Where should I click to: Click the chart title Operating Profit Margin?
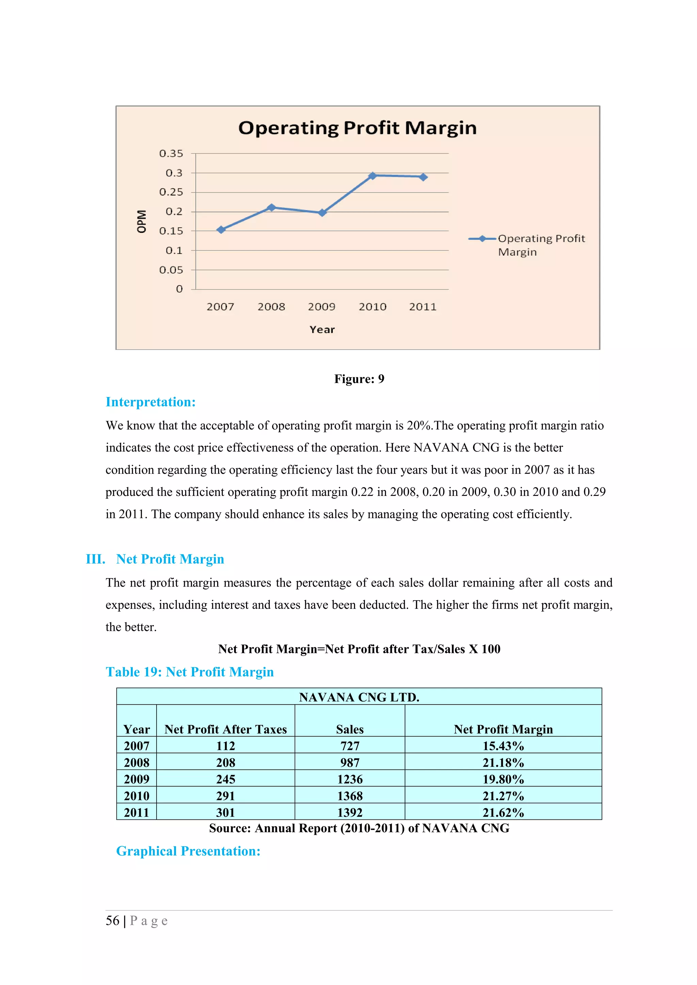pyautogui.click(x=357, y=128)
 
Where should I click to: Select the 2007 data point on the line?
pyautogui.click(x=221, y=230)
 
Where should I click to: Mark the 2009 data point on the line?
pyautogui.click(x=322, y=212)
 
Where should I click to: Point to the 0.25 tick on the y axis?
pyautogui.click(x=171, y=192)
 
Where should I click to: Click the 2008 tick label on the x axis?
pyautogui.click(x=271, y=307)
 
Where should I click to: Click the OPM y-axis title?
pyautogui.click(x=141, y=221)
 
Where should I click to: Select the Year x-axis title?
pyautogui.click(x=322, y=329)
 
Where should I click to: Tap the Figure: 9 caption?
pyautogui.click(x=359, y=379)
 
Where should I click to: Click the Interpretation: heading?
pyautogui.click(x=151, y=402)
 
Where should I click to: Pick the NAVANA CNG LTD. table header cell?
pyautogui.click(x=359, y=697)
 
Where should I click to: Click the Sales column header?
pyautogui.click(x=350, y=729)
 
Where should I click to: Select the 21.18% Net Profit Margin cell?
pyautogui.click(x=503, y=762)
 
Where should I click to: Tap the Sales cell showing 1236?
pyautogui.click(x=350, y=779)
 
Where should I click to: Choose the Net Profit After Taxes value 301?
pyautogui.click(x=225, y=813)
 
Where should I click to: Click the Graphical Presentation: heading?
pyautogui.click(x=188, y=851)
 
